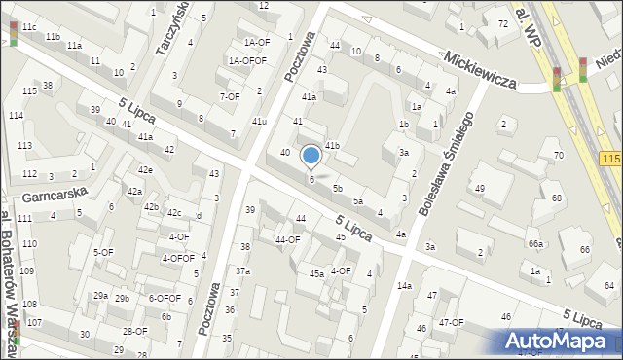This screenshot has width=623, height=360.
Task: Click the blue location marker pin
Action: pos(311,156)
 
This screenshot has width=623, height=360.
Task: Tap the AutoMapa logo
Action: pos(561,341)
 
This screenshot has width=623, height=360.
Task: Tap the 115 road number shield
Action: pos(611,159)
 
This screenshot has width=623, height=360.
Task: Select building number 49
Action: pos(479,188)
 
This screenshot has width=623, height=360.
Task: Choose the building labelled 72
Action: pos(502,23)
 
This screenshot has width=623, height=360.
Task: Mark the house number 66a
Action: pos(535,243)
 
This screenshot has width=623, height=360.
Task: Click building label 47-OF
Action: pos(451,322)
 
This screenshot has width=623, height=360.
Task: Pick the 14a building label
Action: pos(404,285)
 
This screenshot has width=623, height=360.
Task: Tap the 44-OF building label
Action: pos(287,239)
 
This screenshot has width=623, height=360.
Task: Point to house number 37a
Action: pos(242,270)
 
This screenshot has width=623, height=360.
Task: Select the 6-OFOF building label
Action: pos(165,298)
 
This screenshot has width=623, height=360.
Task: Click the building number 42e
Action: pos(145,170)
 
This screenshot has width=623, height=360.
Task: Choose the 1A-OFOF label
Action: pos(247,60)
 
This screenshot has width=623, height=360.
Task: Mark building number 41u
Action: pos(259,121)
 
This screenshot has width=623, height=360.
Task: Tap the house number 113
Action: pos(24,145)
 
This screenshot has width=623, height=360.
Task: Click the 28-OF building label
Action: pos(134,331)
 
